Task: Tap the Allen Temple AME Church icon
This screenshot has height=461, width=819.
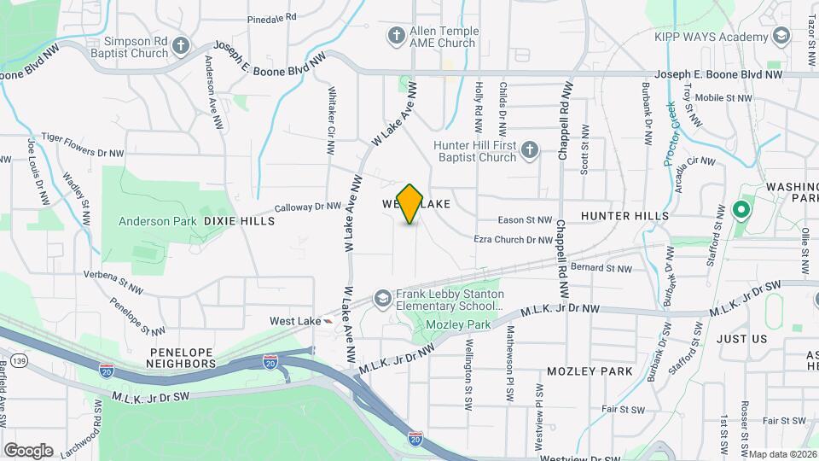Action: (x=396, y=35)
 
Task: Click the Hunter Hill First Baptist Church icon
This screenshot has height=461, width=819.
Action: (x=530, y=151)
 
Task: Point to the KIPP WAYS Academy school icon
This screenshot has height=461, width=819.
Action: (x=781, y=36)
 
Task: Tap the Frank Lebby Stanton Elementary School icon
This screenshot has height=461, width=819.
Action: (x=383, y=299)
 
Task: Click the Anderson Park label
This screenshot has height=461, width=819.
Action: (x=157, y=221)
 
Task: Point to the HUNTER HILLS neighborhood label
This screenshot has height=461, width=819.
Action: (x=624, y=217)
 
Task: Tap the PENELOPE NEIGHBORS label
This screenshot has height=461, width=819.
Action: (x=182, y=358)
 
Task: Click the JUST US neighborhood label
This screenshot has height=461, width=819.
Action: (x=742, y=339)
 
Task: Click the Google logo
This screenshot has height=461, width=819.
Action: (x=28, y=450)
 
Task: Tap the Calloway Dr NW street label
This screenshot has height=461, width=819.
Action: (x=308, y=207)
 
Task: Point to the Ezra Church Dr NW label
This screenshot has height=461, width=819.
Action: (x=514, y=240)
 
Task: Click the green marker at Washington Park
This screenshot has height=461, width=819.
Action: (x=741, y=209)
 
